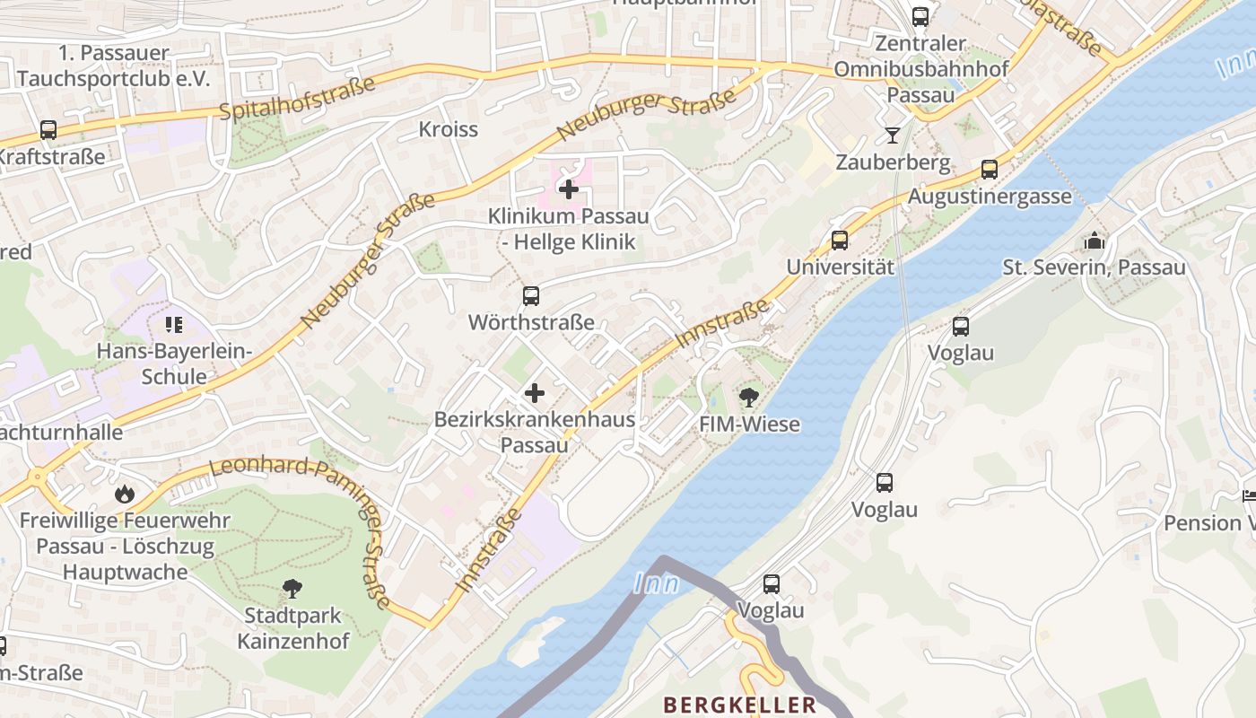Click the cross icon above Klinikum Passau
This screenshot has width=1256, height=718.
coord(568,189)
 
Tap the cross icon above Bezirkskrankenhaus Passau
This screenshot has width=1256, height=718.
coord(535,393)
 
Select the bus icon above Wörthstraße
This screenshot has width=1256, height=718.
coord(531,295)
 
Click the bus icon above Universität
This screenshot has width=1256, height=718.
coord(840,240)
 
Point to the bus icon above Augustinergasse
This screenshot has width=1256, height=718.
coord(990,169)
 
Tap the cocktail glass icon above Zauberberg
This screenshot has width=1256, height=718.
coord(892,136)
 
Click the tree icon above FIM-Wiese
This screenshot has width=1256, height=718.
coord(748,397)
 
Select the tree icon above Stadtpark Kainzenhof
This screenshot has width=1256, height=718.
coord(292,589)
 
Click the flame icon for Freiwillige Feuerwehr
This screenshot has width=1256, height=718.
coord(125,493)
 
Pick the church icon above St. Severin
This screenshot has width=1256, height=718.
coord(1094,241)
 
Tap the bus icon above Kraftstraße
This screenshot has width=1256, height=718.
coord(48,129)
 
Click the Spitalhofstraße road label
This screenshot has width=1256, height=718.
coord(297,99)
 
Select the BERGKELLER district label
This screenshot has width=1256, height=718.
coord(739,705)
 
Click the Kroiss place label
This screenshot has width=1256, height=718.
coord(449,129)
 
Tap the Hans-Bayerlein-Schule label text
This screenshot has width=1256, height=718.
coord(174,363)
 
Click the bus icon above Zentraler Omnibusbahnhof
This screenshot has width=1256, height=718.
coord(920,16)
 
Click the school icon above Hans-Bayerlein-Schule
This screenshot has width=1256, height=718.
coord(173,324)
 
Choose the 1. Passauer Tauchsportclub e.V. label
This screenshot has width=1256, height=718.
coord(112,66)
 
